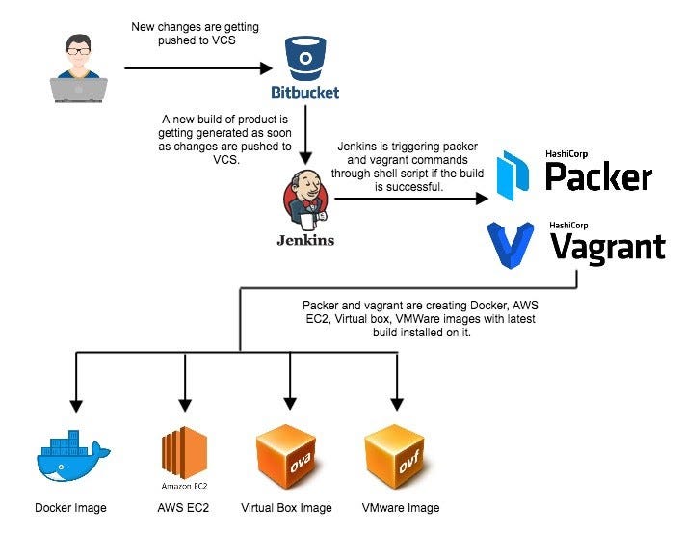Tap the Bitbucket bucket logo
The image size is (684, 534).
(x=304, y=60)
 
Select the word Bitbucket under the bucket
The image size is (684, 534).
(x=304, y=93)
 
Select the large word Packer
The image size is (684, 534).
(x=598, y=177)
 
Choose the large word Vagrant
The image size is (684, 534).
(x=607, y=248)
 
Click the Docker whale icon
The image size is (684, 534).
(x=72, y=455)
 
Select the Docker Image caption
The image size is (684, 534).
(x=70, y=508)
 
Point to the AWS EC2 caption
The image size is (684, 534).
(x=184, y=508)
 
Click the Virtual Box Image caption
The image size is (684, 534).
(x=286, y=508)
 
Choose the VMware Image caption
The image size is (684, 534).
(x=400, y=508)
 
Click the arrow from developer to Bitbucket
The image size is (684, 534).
(x=197, y=68)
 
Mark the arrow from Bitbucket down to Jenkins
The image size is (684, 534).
(x=305, y=135)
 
